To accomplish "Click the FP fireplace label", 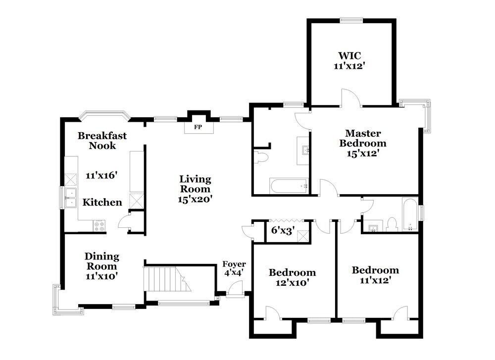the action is (x=198, y=127).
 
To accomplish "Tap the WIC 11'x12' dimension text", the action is (x=350, y=66).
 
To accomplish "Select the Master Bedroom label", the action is (x=363, y=138).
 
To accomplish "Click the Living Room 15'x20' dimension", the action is (x=195, y=199).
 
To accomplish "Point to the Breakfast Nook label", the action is (x=102, y=141).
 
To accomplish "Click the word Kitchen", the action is (x=102, y=202).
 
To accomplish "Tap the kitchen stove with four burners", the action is (x=100, y=225).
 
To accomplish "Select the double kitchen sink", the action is (x=71, y=198).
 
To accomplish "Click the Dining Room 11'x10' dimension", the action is (x=101, y=276).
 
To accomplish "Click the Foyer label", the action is (x=234, y=264).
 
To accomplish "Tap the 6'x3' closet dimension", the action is (x=283, y=231).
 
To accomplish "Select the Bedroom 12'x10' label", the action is (x=292, y=277).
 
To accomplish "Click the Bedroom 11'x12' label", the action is (x=375, y=275).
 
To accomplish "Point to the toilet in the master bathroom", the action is (x=261, y=157).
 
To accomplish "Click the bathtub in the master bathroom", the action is (x=289, y=186).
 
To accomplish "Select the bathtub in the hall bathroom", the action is (x=410, y=214).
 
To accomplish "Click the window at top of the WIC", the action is (x=351, y=20).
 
